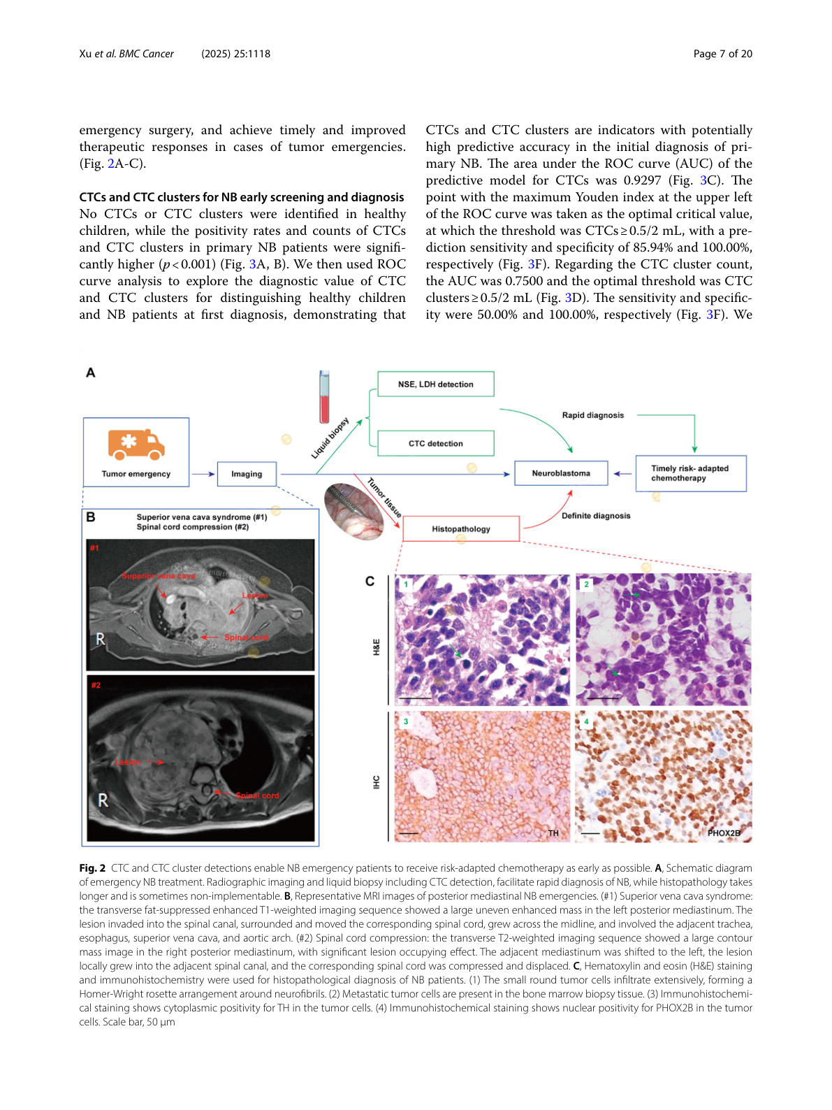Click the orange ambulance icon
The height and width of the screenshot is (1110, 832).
(136, 445)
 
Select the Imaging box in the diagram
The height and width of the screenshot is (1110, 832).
(247, 474)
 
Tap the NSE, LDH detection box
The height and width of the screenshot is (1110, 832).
(435, 384)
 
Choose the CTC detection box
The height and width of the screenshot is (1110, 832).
(435, 443)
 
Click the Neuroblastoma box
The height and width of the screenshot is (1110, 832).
(561, 473)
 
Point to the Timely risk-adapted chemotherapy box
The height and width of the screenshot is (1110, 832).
(690, 473)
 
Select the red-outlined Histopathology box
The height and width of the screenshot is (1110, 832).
(461, 529)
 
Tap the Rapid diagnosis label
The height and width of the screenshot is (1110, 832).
(593, 415)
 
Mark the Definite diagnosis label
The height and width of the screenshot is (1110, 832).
(596, 516)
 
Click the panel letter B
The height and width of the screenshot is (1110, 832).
(91, 517)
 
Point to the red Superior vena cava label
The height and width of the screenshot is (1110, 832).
(159, 576)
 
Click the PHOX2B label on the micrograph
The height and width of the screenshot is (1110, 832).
(723, 833)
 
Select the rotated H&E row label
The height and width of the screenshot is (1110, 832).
(377, 647)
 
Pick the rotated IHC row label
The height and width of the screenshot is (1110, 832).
(377, 782)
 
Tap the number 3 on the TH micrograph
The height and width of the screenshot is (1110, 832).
(406, 721)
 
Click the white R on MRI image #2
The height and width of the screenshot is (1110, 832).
(103, 800)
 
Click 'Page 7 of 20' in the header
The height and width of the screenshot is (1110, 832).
(722, 54)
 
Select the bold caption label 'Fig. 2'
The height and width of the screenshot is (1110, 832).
(92, 868)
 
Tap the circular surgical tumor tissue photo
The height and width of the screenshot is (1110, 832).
(353, 512)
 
